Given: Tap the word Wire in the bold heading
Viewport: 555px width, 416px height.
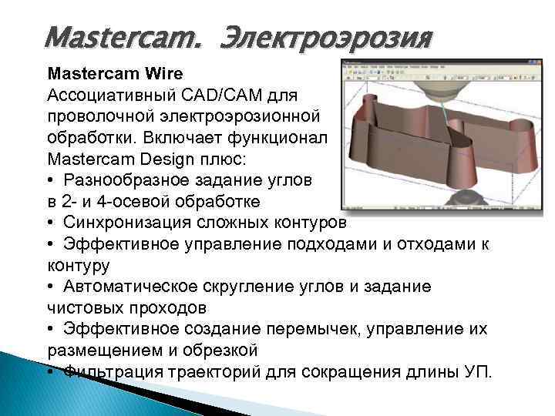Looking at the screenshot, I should click(x=161, y=74).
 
